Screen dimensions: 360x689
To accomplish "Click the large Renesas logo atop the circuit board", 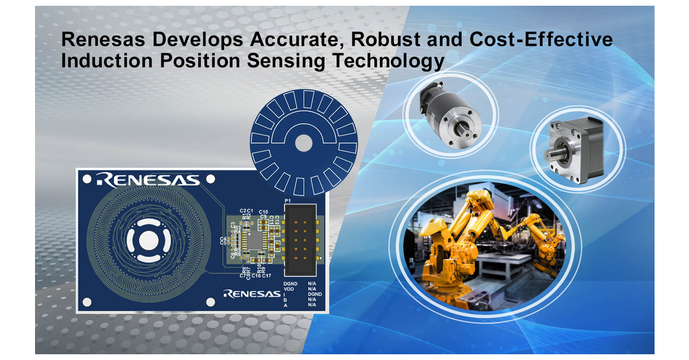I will tap(149, 180).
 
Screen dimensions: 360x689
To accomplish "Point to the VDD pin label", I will tap(289, 291).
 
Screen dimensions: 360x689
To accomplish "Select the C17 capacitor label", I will tap(266, 276).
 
